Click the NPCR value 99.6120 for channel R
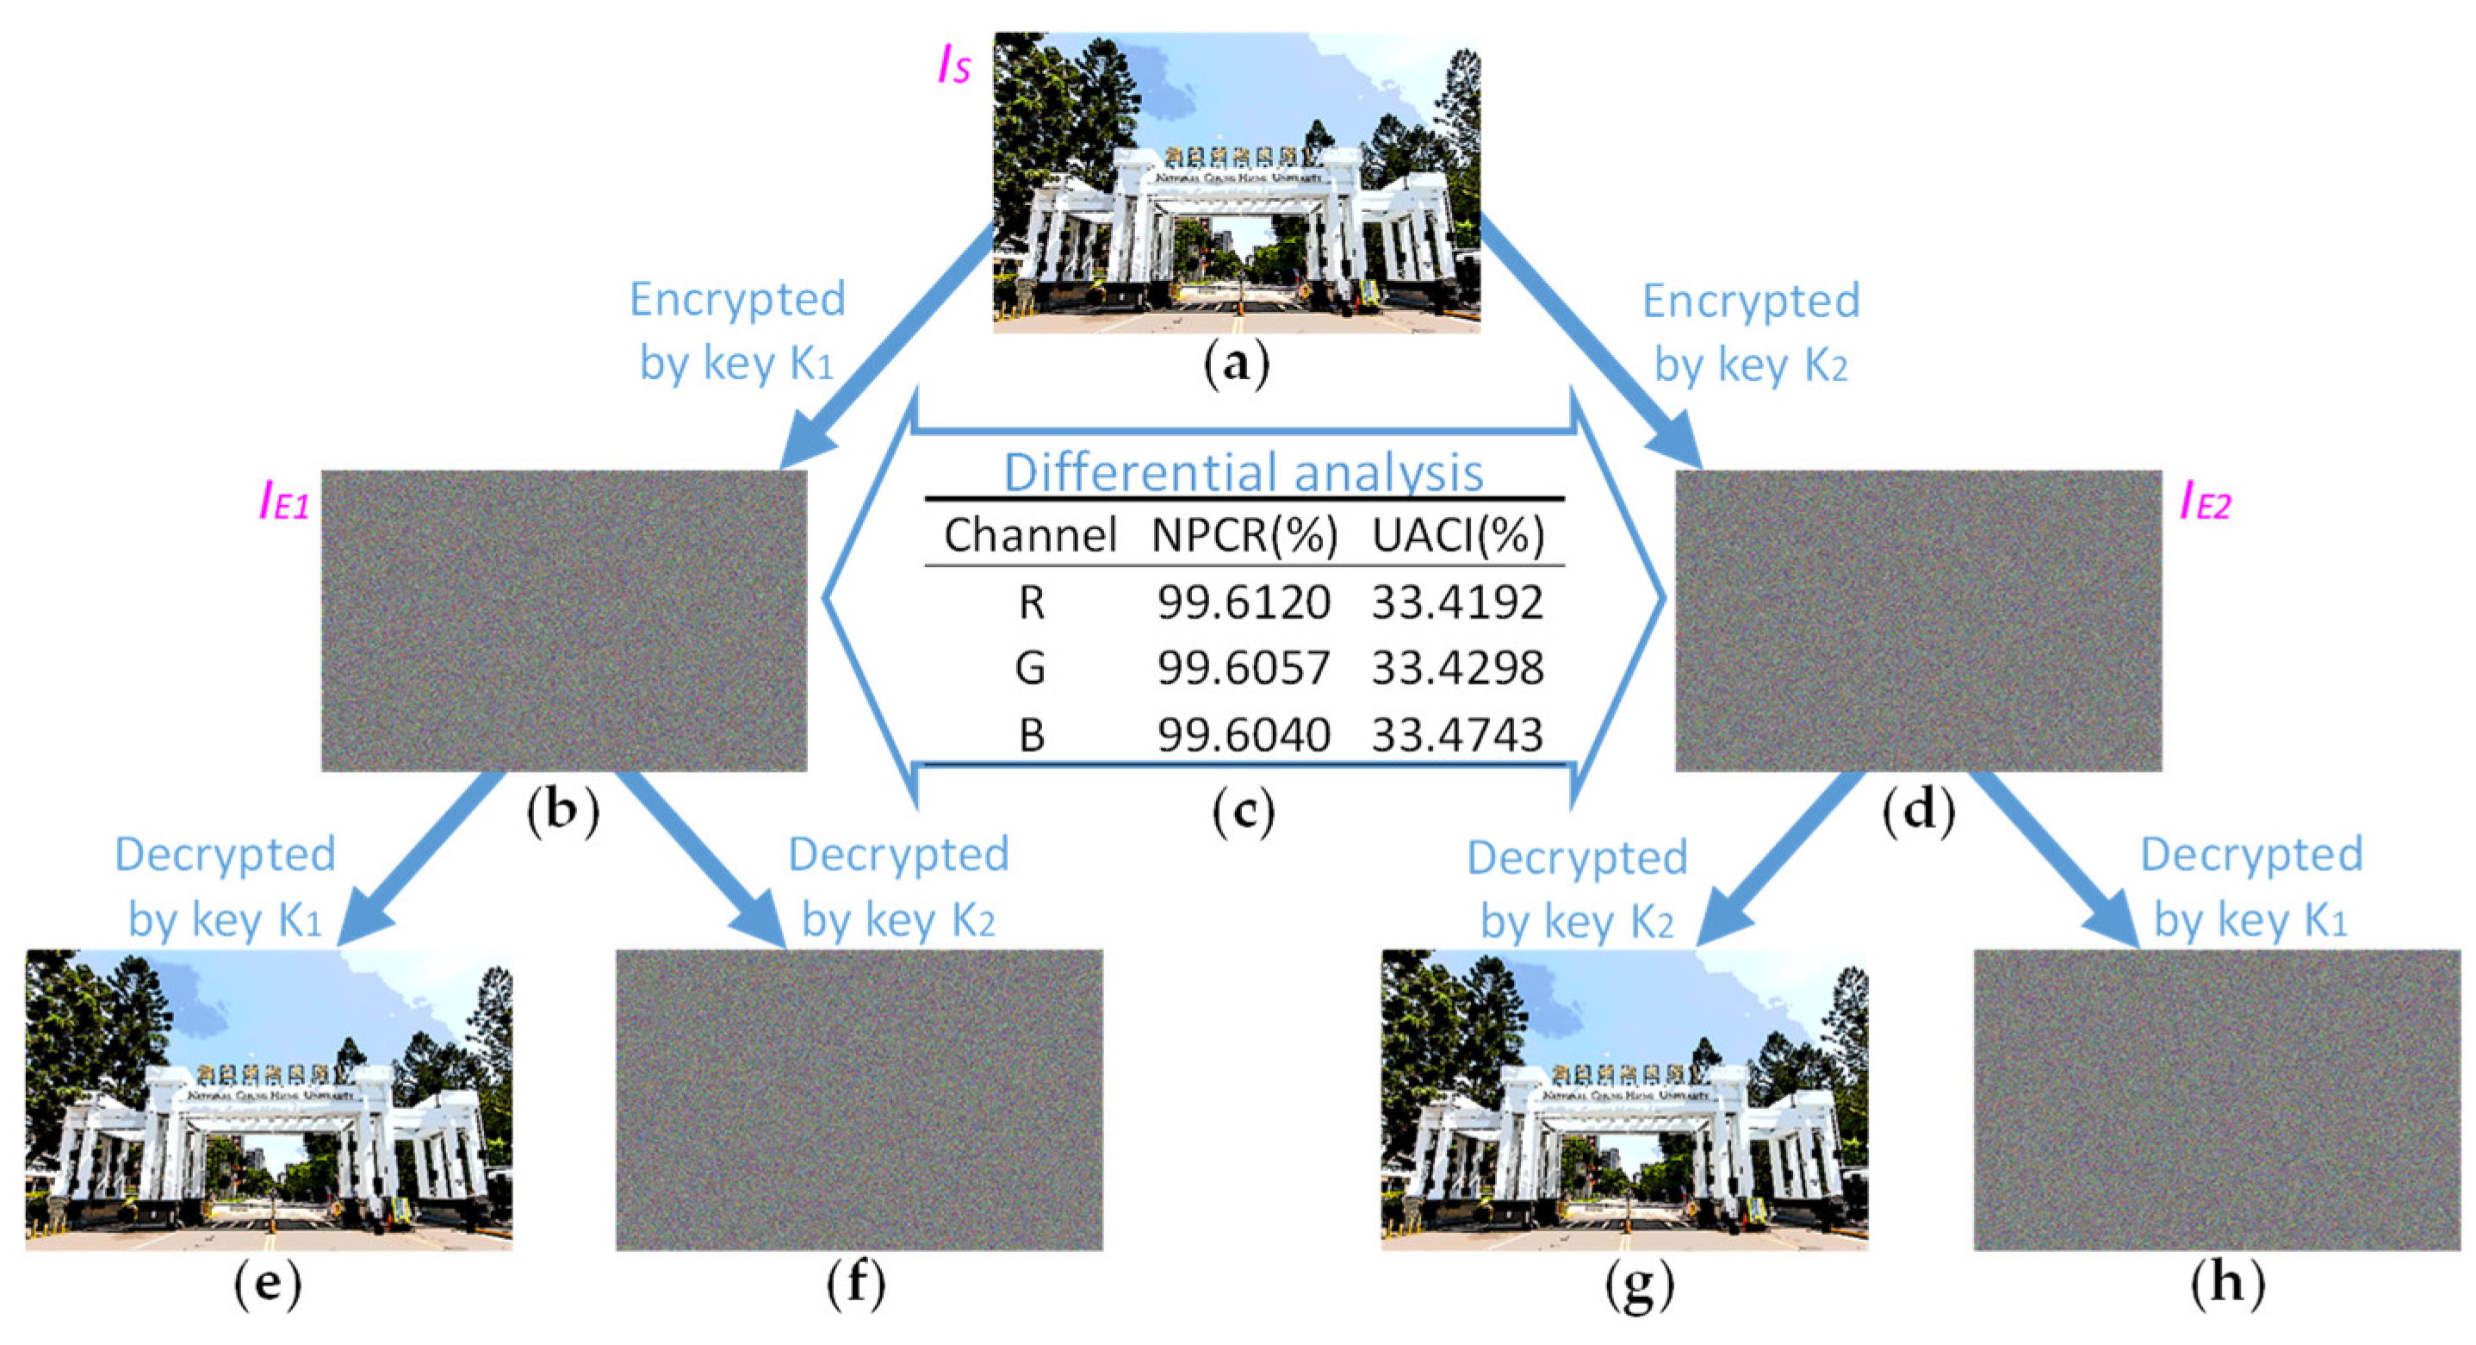pyautogui.click(x=1243, y=603)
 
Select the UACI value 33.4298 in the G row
pyautogui.click(x=1457, y=668)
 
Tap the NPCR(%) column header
pyautogui.click(x=1244, y=535)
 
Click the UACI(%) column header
pyautogui.click(x=1457, y=535)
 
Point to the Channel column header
pyautogui.click(x=1029, y=535)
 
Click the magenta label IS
pyautogui.click(x=953, y=67)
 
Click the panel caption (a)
pyautogui.click(x=1237, y=365)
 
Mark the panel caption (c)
pyautogui.click(x=1243, y=813)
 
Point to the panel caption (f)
pyautogui.click(x=856, y=1286)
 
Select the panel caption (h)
pyautogui.click(x=2227, y=1286)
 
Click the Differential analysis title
pyautogui.click(x=1243, y=472)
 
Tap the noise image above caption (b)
pyautogui.click(x=563, y=620)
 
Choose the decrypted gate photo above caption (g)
pyautogui.click(x=1624, y=1099)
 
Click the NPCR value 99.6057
pyautogui.click(x=1243, y=668)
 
